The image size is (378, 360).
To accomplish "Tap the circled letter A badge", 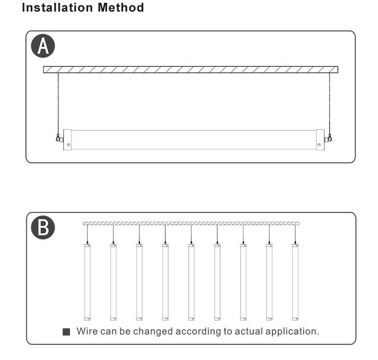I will [43, 47].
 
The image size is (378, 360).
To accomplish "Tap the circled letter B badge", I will [43, 228].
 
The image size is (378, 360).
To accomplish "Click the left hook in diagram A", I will [59, 138].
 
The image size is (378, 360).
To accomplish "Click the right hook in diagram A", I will [330, 138].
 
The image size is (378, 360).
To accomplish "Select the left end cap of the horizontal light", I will [67, 140].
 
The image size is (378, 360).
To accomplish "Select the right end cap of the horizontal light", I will [320, 140].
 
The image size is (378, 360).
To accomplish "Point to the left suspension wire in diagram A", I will [58, 103].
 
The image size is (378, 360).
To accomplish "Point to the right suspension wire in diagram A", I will [330, 103].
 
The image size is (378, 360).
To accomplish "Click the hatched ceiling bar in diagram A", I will [191, 69].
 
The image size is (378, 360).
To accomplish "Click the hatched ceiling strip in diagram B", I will [191, 223].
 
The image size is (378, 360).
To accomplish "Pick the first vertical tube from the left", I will [88, 282].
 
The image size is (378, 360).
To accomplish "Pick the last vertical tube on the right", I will [295, 282].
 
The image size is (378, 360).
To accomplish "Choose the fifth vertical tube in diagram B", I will [191, 282].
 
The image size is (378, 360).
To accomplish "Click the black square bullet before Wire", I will [67, 332].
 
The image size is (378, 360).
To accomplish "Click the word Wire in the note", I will [88, 331].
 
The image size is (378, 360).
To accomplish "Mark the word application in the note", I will [291, 332].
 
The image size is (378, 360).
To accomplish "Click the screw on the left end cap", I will [68, 145].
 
